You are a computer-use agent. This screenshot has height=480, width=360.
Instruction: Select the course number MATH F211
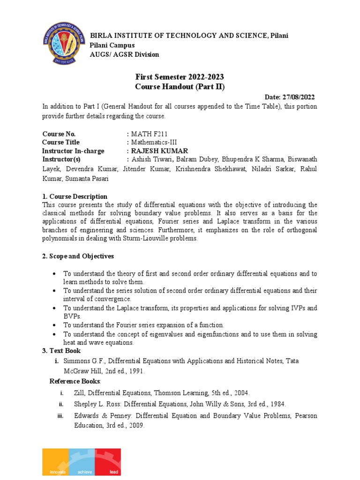pos(149,134)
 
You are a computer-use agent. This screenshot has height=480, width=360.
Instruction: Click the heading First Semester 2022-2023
pos(180,77)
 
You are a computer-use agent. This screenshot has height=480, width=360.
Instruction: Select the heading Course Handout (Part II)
pos(180,87)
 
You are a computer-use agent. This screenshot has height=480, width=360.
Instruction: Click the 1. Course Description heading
pos(75,196)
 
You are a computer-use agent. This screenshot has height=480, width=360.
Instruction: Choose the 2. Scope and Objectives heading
pos(78,256)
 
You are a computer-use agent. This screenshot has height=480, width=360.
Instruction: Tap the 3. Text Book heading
pos(61,351)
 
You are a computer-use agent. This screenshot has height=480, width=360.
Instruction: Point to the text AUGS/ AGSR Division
pos(124,54)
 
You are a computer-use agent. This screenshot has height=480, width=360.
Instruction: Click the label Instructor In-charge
pos(73,151)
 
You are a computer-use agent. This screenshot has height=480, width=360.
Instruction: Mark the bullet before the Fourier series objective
pos(55,325)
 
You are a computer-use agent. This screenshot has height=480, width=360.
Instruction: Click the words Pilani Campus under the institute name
pos(112,45)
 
